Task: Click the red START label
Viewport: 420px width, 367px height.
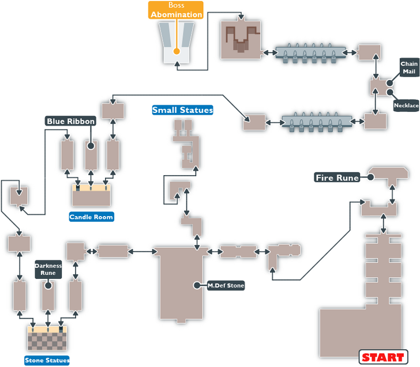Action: [x=382, y=357]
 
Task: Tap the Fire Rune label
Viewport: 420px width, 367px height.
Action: [x=337, y=177]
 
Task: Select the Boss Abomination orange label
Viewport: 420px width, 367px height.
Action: [x=177, y=10]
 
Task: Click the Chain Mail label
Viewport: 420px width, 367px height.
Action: [x=408, y=67]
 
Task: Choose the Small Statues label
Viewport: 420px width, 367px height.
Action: [x=182, y=110]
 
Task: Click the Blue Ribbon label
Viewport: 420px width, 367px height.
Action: [x=70, y=122]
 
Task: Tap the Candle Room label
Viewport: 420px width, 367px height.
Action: [x=91, y=217]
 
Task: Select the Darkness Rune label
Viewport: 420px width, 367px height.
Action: [x=48, y=269]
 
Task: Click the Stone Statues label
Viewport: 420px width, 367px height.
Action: [x=47, y=361]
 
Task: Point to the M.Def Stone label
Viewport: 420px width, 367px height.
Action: [x=226, y=285]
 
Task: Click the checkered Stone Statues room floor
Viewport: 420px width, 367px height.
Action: [x=48, y=340]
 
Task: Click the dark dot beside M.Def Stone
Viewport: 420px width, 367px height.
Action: [x=196, y=285]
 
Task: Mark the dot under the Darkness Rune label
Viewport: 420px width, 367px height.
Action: [x=48, y=285]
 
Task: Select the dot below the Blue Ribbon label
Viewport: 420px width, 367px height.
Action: [x=90, y=146]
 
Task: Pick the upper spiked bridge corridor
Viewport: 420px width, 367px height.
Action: [x=311, y=52]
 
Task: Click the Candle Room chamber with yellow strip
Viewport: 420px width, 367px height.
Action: [x=91, y=195]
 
